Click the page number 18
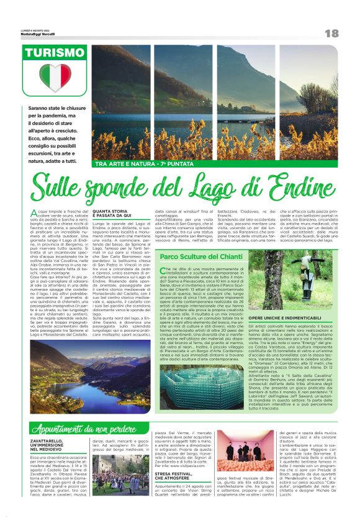click(331, 33)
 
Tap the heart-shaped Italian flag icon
click(55, 77)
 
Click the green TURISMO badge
click(55, 53)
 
